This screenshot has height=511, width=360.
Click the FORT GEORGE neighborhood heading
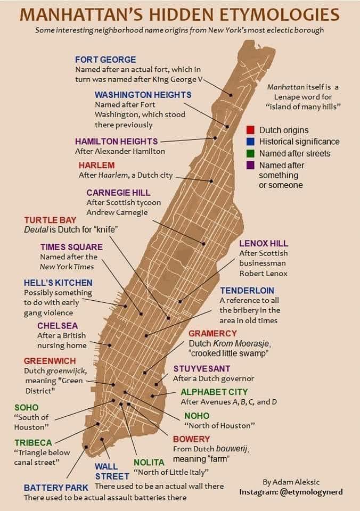click(105, 60)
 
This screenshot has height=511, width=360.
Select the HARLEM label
click(96, 165)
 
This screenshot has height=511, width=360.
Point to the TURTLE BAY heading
click(50, 220)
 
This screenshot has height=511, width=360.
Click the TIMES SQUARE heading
click(71, 247)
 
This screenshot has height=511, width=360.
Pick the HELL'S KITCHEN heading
click(58, 283)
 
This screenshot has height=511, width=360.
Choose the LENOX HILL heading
click(264, 243)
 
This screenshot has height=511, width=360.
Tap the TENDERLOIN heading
click(247, 291)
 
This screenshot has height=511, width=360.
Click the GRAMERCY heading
click(212, 334)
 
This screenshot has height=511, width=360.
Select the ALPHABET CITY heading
click(214, 392)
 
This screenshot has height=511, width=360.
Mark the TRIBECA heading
click(33, 443)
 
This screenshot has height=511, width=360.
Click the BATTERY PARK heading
click(56, 488)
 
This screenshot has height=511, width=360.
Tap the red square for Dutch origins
click(250, 130)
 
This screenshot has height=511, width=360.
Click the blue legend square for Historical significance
click(250, 142)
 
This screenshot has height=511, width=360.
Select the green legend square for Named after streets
click(250, 153)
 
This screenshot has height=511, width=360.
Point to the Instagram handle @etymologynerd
click(312, 492)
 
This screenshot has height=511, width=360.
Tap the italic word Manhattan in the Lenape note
click(285, 87)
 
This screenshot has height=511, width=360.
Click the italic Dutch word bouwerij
click(231, 449)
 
